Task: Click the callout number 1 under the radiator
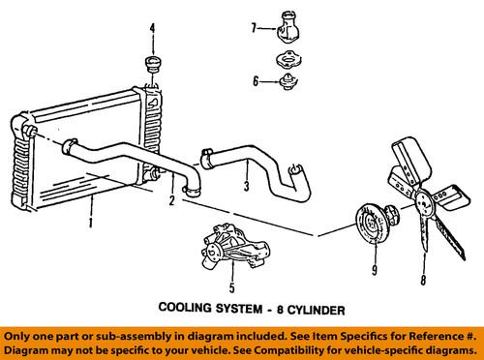(91, 223)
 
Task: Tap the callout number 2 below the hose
(172, 200)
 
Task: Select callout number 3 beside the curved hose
(247, 186)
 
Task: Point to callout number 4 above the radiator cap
(152, 28)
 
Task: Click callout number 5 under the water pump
(232, 287)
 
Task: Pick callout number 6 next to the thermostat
(256, 81)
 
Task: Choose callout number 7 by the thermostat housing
(254, 28)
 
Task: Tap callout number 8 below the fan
(423, 280)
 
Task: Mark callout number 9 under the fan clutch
(375, 270)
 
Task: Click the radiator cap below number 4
(153, 65)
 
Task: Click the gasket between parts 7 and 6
(288, 59)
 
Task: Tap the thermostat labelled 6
(288, 82)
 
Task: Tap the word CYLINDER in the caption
(316, 310)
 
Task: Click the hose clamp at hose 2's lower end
(192, 191)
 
